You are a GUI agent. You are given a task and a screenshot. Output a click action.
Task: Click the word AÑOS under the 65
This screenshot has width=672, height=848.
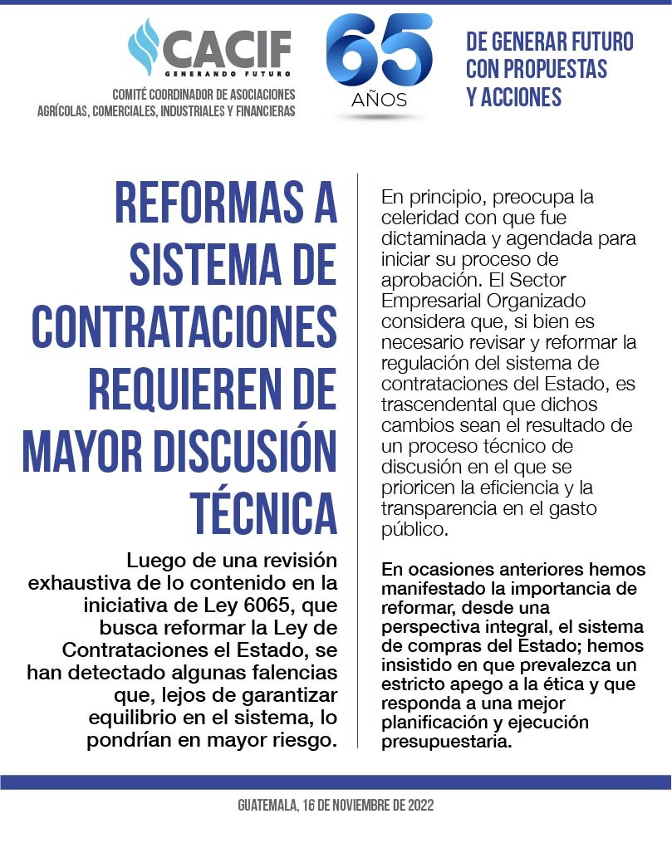pyautogui.click(x=379, y=100)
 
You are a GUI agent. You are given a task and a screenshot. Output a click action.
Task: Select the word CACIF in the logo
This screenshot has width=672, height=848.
pyautogui.click(x=227, y=48)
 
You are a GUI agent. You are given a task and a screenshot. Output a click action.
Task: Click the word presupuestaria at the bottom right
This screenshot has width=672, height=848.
pyautogui.click(x=445, y=742)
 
